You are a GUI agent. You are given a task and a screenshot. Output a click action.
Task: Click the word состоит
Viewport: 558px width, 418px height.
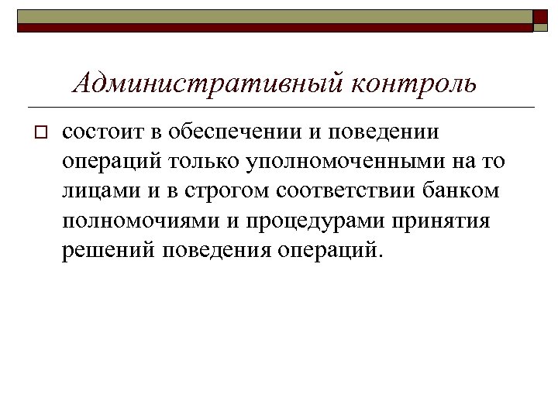(x=102, y=132)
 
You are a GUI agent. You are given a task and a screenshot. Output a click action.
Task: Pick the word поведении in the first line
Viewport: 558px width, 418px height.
(x=390, y=132)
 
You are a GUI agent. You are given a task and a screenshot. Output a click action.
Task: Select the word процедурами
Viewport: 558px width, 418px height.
(x=319, y=221)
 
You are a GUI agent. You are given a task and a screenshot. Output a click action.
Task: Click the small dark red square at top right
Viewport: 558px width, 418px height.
(x=539, y=16)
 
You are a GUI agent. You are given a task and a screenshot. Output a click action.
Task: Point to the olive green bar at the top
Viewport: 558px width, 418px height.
(x=271, y=15)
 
